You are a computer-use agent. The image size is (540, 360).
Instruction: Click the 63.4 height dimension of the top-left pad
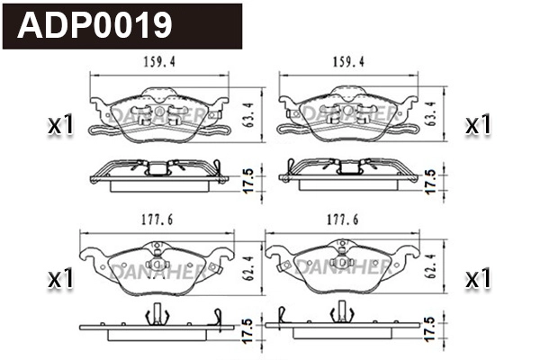pyautogui.click(x=249, y=112)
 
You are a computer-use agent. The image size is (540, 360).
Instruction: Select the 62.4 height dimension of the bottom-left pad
pyautogui.click(x=247, y=267)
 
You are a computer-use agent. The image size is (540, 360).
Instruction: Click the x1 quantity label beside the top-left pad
pyautogui.click(x=59, y=126)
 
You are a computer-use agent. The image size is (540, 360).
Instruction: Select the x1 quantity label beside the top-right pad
pyautogui.click(x=478, y=126)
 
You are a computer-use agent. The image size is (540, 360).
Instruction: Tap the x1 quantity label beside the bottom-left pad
pyautogui.click(x=59, y=280)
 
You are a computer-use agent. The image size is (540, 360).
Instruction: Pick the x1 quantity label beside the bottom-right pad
pyautogui.click(x=478, y=280)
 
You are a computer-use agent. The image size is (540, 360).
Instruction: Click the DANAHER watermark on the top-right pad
pyautogui.click(x=348, y=113)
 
